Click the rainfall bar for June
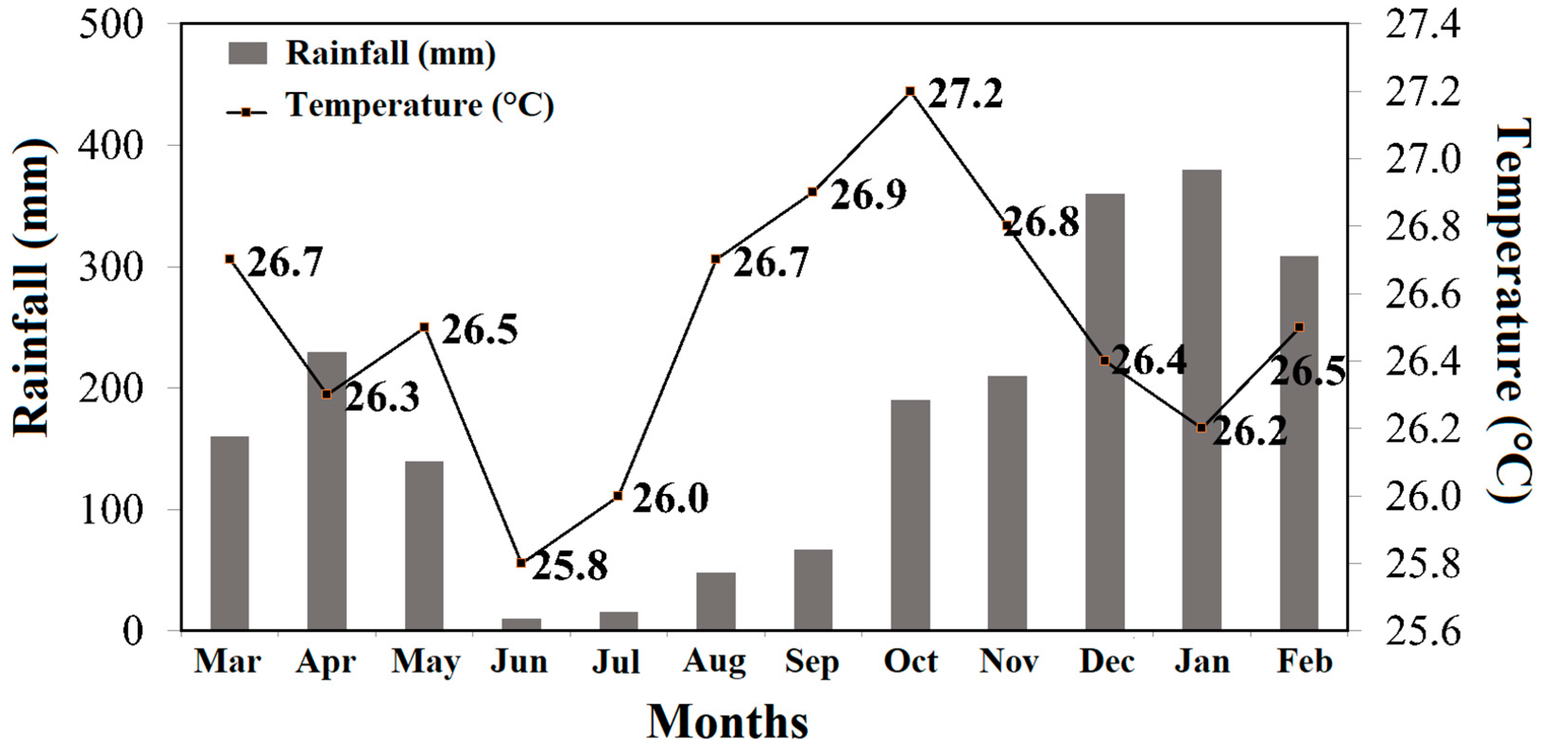point(521,624)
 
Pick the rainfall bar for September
point(813,589)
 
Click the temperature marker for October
point(910,91)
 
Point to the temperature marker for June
point(521,563)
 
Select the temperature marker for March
point(230,259)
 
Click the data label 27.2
point(964,94)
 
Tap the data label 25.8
point(570,566)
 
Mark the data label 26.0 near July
point(670,499)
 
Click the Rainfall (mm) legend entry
point(361,53)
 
